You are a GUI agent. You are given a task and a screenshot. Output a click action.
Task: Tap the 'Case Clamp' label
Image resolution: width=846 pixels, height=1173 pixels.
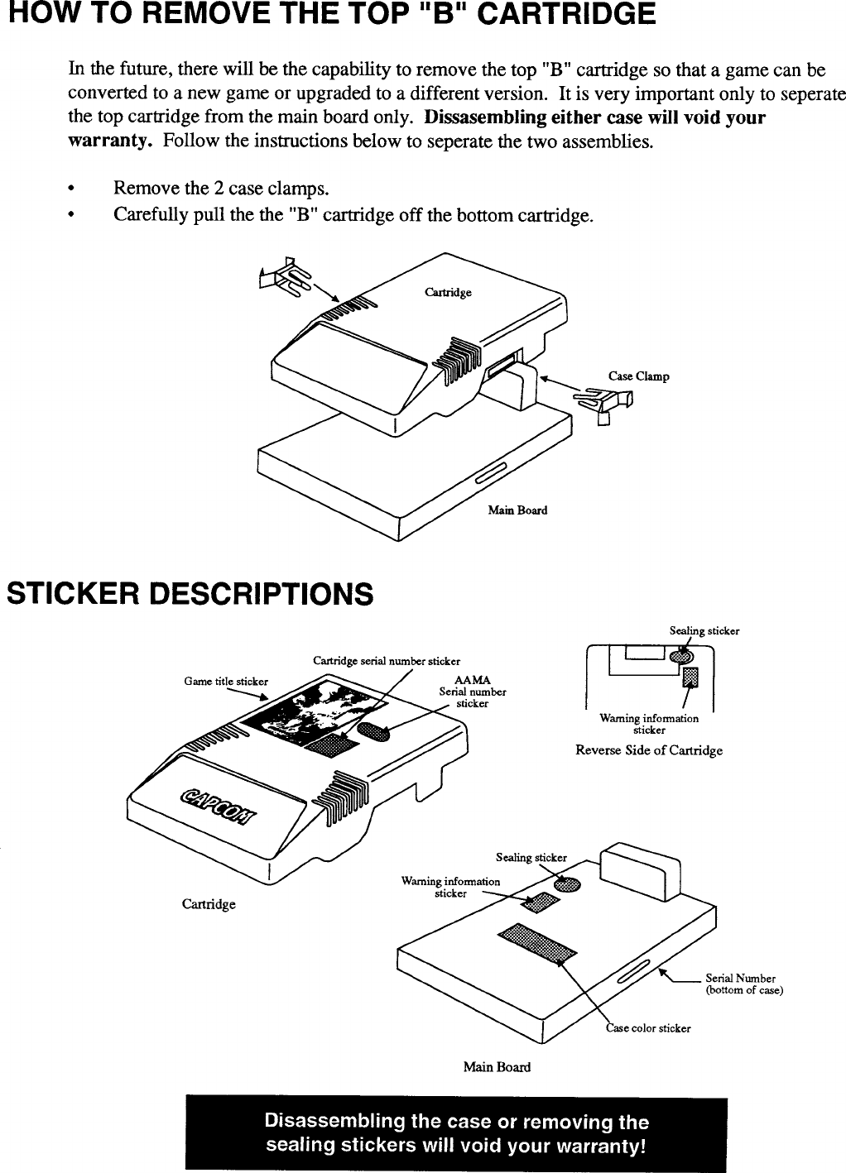[638, 376]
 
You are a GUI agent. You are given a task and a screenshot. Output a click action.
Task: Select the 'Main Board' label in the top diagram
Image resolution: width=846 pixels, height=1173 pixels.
[517, 510]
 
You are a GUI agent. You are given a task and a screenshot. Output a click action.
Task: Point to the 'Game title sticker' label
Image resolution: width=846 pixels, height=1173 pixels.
[226, 682]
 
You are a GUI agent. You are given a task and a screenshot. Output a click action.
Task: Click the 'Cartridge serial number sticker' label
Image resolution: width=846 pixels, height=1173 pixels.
[386, 660]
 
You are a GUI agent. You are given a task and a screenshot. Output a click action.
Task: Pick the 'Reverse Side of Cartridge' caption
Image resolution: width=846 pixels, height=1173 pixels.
[649, 750]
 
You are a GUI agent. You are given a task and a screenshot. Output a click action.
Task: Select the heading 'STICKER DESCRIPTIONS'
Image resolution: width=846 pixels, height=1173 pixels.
[190, 593]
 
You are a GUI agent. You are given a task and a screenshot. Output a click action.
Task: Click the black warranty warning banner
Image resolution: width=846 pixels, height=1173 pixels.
[456, 1134]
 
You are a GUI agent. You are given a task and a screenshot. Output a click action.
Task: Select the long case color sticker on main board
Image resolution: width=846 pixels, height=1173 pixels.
[536, 943]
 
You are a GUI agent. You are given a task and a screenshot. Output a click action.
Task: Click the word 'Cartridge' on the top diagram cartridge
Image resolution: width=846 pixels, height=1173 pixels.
[448, 292]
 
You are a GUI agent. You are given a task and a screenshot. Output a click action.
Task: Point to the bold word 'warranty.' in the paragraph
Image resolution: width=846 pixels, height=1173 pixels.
[109, 140]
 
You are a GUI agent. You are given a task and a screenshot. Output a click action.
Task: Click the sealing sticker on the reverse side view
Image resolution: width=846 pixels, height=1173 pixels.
[680, 656]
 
